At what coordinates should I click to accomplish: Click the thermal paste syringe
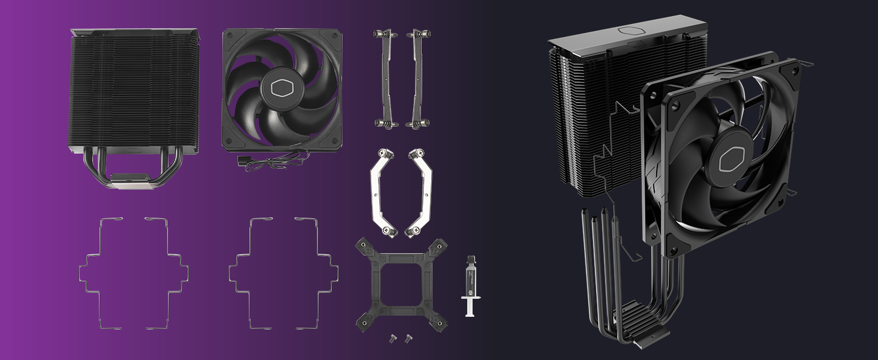pos(471,282)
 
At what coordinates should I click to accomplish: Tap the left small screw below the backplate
pos(393,337)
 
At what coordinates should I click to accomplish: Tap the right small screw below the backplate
pos(409,337)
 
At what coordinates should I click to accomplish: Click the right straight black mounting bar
pos(417,78)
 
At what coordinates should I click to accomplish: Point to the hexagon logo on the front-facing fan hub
pos(282,89)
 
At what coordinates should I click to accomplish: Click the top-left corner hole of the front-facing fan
pos(231,38)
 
